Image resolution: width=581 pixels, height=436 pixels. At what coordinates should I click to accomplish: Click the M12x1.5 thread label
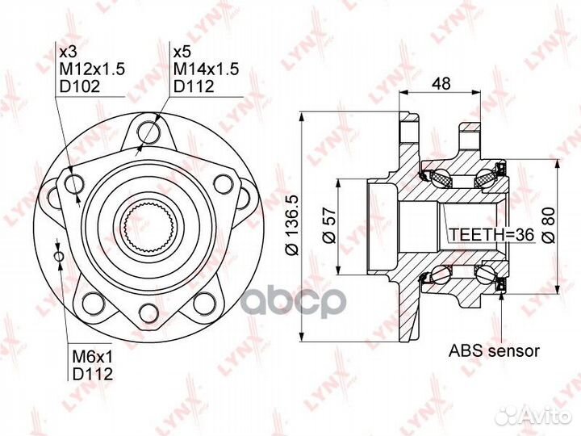(92, 69)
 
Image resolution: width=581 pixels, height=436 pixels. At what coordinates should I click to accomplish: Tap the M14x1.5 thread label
(207, 69)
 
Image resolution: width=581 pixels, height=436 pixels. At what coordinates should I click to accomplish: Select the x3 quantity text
(68, 52)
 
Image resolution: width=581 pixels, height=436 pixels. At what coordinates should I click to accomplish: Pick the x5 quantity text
(182, 52)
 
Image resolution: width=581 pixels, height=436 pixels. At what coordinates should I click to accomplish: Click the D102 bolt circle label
(80, 86)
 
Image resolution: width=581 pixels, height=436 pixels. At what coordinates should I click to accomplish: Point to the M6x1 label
(92, 357)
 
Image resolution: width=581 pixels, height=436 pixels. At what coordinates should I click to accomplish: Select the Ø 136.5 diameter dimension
(292, 225)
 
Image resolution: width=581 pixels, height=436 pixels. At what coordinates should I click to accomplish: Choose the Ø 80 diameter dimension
(549, 225)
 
